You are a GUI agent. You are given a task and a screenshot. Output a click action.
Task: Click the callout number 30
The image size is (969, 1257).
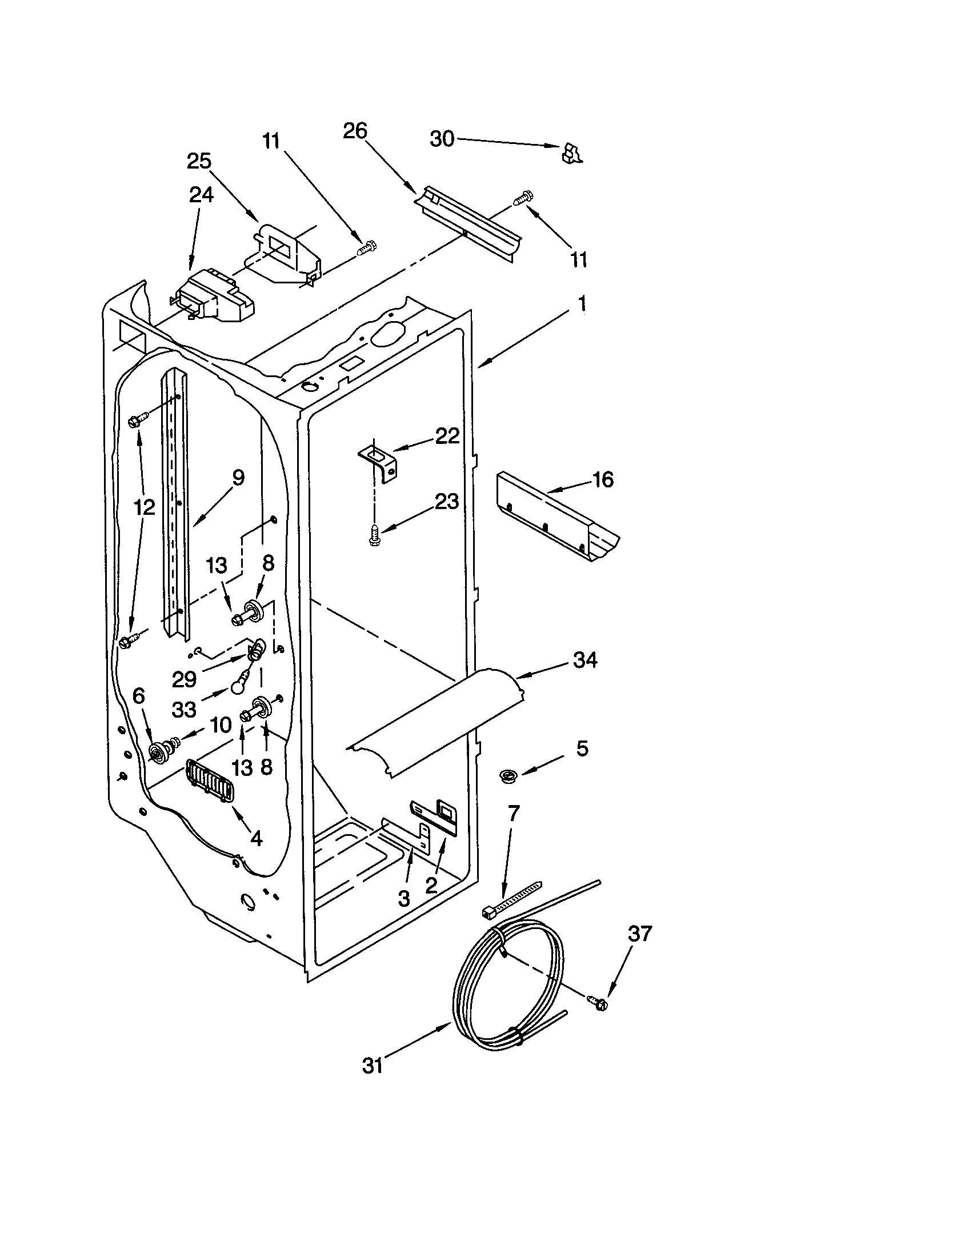[442, 139]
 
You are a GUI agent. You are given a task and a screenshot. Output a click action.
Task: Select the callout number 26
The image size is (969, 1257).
[354, 131]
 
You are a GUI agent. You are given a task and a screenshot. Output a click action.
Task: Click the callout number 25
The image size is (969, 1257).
[199, 161]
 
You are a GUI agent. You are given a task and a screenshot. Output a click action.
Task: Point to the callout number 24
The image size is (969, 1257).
[201, 194]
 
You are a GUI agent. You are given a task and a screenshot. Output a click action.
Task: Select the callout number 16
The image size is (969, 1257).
[602, 479]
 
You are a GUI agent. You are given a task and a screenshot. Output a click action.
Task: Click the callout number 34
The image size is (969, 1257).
[584, 660]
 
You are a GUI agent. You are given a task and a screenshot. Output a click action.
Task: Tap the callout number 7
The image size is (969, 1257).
[513, 812]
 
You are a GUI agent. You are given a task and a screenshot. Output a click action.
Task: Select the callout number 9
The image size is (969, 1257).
[238, 477]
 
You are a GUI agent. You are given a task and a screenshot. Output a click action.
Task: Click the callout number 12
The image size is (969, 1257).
[145, 507]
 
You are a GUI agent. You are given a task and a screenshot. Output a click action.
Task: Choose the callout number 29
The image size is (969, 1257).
[184, 680]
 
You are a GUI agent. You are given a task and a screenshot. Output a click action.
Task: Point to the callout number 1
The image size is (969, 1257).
[582, 303]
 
